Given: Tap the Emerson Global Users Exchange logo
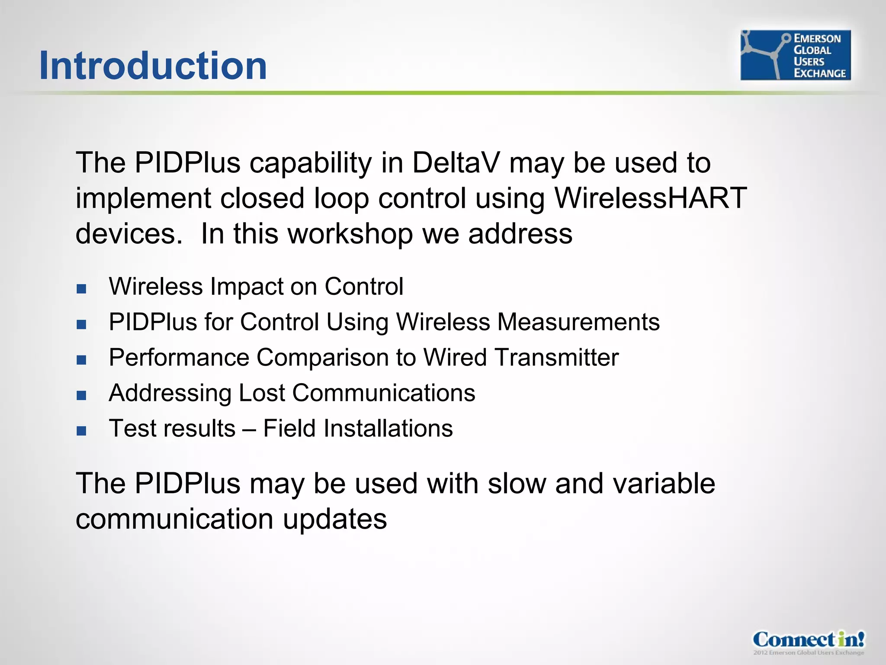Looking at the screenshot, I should click(795, 55).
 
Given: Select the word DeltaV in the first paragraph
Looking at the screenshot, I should click(456, 163).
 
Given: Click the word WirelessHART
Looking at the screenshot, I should click(650, 198).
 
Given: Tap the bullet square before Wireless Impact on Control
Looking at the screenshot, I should click(81, 289).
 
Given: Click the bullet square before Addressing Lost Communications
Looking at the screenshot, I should click(81, 395).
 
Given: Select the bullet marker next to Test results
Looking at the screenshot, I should click(81, 431).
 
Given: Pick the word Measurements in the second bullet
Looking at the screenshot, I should click(578, 322).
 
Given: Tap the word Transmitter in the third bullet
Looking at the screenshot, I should click(556, 358).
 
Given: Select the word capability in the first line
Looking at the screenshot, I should click(310, 164).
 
